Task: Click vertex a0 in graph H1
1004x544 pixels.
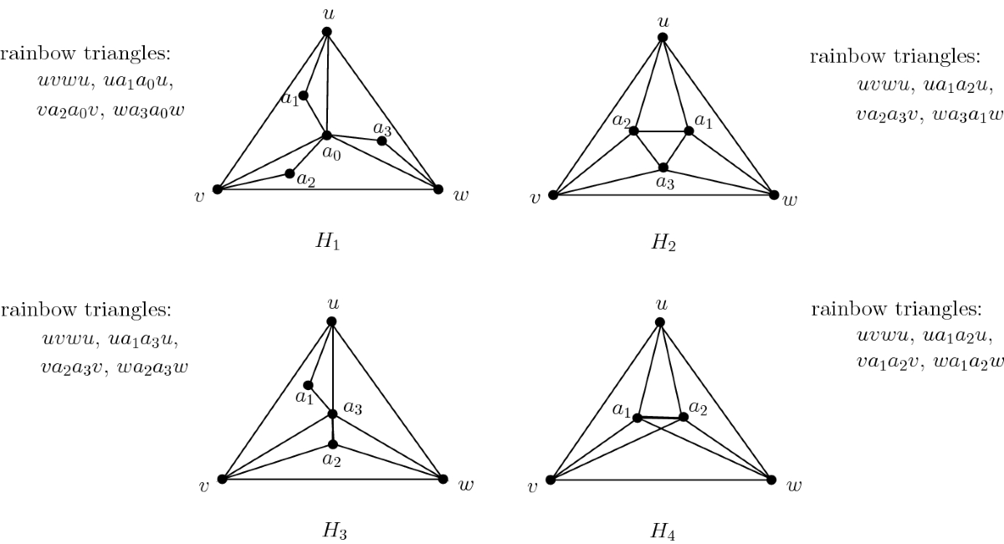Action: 327,135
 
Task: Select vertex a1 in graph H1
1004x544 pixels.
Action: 304,95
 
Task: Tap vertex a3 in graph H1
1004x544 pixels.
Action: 382,141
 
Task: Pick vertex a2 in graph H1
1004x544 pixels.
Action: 289,173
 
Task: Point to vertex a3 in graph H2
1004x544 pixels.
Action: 663,167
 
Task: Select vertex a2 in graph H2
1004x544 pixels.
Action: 634,131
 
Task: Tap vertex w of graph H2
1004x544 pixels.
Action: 773,195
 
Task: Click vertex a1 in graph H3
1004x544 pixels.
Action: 308,385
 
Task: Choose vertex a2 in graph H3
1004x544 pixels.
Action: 332,444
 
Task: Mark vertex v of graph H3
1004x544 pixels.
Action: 222,479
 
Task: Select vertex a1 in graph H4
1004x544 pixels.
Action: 637,416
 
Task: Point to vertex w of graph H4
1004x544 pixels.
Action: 771,479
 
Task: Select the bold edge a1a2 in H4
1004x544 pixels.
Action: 661,416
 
